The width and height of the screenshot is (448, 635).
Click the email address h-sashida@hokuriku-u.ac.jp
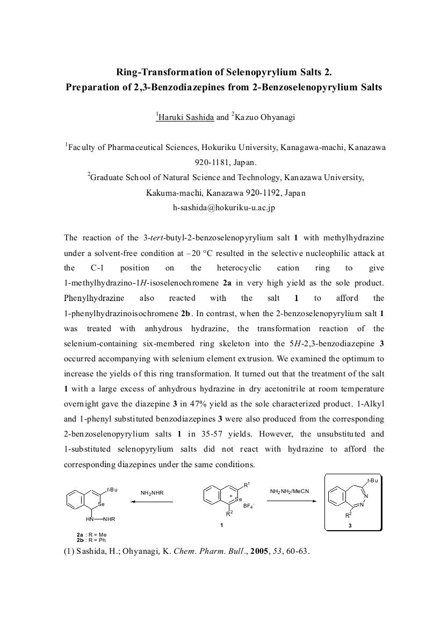click(223, 208)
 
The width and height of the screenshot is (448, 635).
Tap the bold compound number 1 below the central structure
click(221, 525)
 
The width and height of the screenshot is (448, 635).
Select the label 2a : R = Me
click(91, 534)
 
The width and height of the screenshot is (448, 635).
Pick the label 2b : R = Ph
click(91, 539)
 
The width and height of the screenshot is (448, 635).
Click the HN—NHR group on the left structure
click(100, 519)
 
